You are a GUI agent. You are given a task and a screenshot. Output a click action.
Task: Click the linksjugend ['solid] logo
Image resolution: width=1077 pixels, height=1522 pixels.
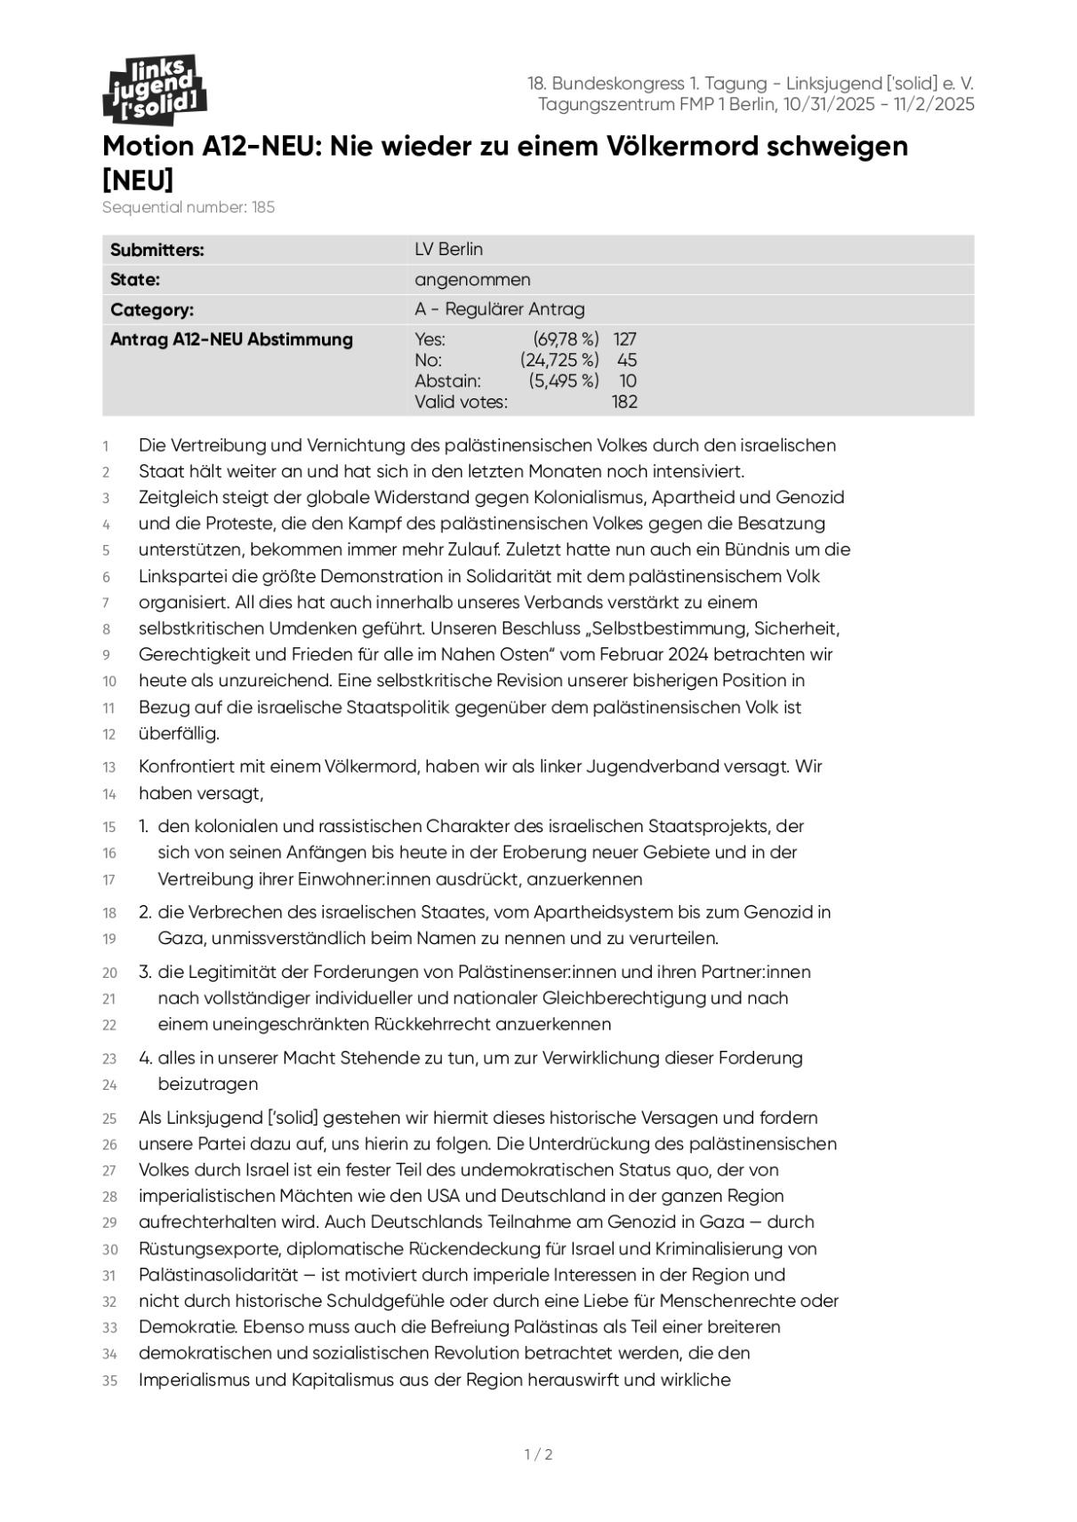(155, 89)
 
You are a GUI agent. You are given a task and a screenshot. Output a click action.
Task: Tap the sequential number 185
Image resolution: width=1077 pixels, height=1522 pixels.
(262, 207)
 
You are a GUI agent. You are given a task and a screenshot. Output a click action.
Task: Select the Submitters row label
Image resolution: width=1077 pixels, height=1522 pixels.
(157, 250)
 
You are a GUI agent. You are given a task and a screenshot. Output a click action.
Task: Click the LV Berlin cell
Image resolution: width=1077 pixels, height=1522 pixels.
(448, 250)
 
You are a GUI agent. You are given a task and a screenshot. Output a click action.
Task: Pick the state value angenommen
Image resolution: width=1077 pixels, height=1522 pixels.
(472, 280)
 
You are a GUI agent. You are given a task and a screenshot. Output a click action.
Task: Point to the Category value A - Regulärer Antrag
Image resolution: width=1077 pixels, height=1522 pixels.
(499, 309)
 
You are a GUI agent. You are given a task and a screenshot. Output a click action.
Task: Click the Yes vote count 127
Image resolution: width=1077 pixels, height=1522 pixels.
(624, 339)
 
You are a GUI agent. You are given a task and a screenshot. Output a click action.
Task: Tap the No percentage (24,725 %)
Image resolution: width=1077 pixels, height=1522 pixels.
(559, 360)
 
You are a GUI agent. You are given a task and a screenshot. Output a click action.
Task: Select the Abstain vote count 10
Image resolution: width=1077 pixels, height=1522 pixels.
(628, 381)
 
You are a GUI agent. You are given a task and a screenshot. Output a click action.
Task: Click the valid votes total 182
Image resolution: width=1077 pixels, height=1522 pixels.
(624, 402)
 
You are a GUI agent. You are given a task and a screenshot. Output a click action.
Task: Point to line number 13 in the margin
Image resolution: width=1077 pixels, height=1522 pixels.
(109, 767)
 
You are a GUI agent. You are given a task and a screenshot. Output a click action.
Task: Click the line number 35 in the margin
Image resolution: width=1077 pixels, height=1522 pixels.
(109, 1381)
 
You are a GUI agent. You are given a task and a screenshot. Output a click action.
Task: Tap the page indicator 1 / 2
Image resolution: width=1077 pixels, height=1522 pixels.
(538, 1454)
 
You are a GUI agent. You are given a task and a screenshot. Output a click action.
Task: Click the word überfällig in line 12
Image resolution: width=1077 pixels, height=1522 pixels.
(178, 733)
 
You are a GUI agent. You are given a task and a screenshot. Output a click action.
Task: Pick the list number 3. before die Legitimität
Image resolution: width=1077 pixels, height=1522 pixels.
(145, 972)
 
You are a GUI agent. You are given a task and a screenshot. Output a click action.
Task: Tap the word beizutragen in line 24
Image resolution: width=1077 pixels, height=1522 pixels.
(208, 1084)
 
